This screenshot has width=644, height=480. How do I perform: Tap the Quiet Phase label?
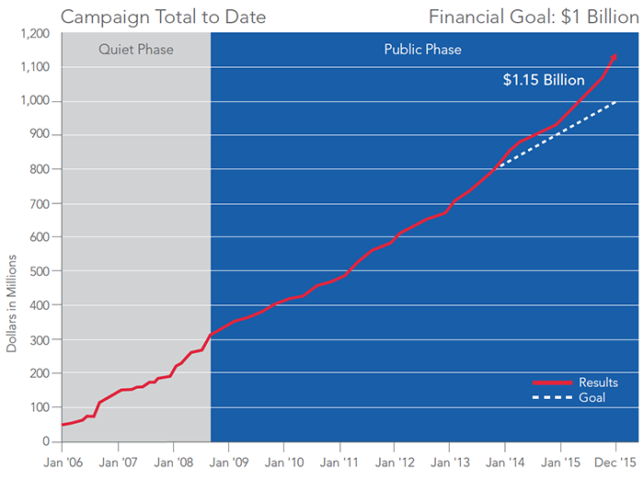pyautogui.click(x=136, y=49)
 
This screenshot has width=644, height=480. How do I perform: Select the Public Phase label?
pyautogui.click(x=422, y=49)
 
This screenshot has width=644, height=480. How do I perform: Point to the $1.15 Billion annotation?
pyautogui.click(x=544, y=80)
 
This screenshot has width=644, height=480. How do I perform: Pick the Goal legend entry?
pyautogui.click(x=592, y=397)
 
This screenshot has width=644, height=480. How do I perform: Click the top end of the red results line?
pyautogui.click(x=615, y=55)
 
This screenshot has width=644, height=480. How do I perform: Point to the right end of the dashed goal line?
pyautogui.click(x=615, y=102)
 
